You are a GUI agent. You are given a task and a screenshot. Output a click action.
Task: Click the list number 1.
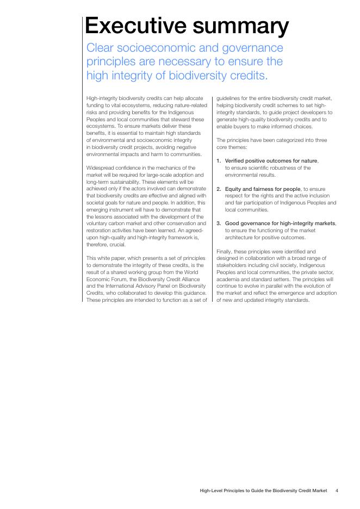click(219, 161)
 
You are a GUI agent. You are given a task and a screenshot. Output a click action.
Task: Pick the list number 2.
click(219, 189)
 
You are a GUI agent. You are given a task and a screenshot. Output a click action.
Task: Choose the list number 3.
click(219, 224)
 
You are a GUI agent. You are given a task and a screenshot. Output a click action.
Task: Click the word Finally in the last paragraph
click(224, 252)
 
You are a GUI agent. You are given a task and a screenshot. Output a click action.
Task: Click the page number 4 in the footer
click(337, 491)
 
